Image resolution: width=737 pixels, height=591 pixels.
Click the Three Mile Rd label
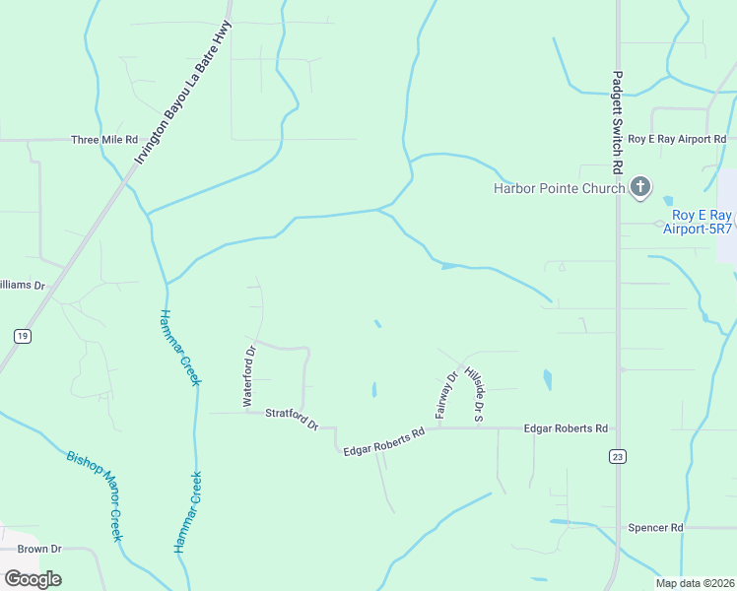pyautogui.click(x=103, y=140)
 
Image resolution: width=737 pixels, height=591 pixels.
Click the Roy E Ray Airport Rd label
pyautogui.click(x=676, y=140)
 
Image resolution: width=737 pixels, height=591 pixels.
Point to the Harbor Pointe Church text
pyautogui.click(x=559, y=189)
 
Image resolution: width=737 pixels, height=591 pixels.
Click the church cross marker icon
pyautogui.click(x=640, y=187)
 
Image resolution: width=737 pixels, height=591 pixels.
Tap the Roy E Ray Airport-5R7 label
pyautogui.click(x=702, y=222)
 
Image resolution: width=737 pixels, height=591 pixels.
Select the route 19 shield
pyautogui.click(x=22, y=336)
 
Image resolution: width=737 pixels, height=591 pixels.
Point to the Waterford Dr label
pyautogui.click(x=249, y=376)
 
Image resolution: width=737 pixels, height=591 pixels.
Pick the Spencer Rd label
pyautogui.click(x=655, y=528)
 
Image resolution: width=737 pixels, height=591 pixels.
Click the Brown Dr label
pyautogui.click(x=39, y=549)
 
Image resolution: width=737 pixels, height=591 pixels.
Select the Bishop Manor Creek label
pyautogui.click(x=95, y=495)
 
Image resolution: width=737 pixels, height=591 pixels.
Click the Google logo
pyautogui.click(x=33, y=578)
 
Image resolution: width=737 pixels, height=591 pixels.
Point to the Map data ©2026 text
pyautogui.click(x=694, y=583)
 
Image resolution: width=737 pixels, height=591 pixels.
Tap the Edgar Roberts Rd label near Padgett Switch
pyautogui.click(x=566, y=428)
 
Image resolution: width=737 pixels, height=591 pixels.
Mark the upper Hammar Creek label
pyautogui.click(x=178, y=346)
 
